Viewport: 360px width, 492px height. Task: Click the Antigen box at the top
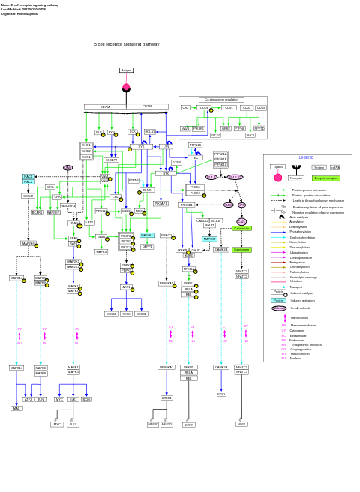point(126,70)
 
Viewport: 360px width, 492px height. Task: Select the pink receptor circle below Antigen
point(126,88)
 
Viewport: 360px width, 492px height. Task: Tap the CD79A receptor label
point(105,106)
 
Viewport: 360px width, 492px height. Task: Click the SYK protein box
point(141,147)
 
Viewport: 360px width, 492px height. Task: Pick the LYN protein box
point(166,147)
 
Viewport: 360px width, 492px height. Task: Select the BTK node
point(166,173)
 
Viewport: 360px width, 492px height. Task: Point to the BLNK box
point(147,190)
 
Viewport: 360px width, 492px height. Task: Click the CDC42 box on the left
point(28,196)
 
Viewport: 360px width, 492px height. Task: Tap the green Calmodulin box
point(241,228)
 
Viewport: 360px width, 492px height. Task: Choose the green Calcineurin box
point(241,249)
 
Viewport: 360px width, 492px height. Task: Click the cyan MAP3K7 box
point(209,238)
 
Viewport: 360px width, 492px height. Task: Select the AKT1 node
point(126,286)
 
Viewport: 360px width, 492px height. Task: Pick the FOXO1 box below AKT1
point(126,313)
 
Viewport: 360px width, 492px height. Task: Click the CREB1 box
point(166,397)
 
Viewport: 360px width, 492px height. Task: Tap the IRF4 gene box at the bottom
point(241,424)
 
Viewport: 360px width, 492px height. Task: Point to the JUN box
point(40,399)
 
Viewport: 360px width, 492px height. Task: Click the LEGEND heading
point(306,157)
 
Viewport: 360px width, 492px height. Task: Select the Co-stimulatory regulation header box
point(221,99)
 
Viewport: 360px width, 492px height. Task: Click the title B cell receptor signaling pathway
point(126,44)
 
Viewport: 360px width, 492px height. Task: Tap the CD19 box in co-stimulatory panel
point(204,107)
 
